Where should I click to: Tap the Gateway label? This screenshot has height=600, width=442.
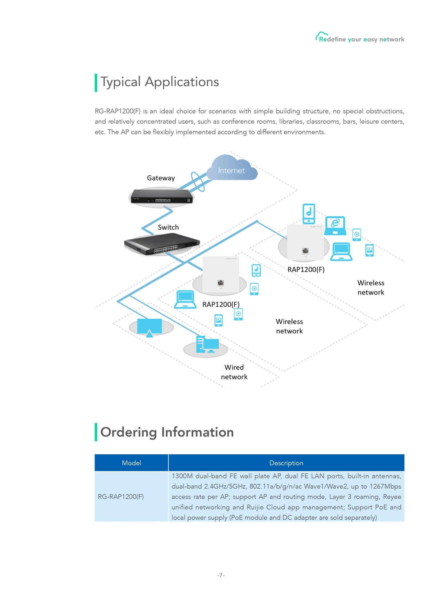pyautogui.click(x=161, y=178)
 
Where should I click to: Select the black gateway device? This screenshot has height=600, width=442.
pyautogui.click(x=162, y=196)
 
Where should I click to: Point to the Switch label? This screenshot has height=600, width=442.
pyautogui.click(x=168, y=227)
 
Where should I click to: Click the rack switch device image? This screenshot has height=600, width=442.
pyautogui.click(x=162, y=244)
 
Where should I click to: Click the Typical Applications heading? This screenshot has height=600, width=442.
pyautogui.click(x=160, y=82)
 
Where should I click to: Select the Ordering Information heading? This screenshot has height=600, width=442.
pyautogui.click(x=167, y=432)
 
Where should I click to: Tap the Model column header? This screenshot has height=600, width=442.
pyautogui.click(x=131, y=463)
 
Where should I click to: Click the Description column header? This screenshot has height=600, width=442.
pyautogui.click(x=286, y=463)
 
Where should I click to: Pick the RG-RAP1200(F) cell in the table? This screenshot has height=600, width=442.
pyautogui.click(x=121, y=497)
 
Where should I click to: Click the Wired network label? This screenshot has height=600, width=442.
pyautogui.click(x=234, y=372)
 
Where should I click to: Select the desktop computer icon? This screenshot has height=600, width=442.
pyautogui.click(x=207, y=344)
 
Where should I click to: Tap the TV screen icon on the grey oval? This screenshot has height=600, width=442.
pyautogui.click(x=149, y=328)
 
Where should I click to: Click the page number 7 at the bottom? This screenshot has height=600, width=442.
pyautogui.click(x=221, y=575)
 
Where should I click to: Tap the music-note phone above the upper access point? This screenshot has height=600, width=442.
pyautogui.click(x=309, y=214)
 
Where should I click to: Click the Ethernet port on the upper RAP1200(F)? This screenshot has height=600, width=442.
pyautogui.click(x=305, y=251)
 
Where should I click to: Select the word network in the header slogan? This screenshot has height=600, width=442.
pyautogui.click(x=392, y=39)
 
